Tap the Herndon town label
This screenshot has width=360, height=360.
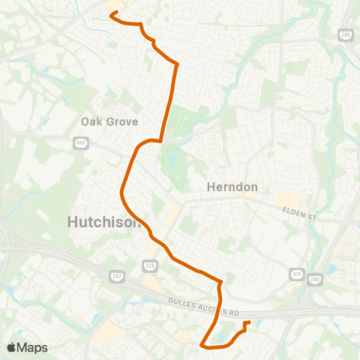pyautogui.click(x=232, y=187)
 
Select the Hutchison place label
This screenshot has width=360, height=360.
pyautogui.click(x=103, y=221)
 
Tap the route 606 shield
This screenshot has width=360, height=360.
pyautogui.click(x=81, y=142)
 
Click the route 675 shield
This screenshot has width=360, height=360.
pyautogui.click(x=297, y=274)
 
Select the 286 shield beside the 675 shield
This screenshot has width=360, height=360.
pyautogui.click(x=314, y=278)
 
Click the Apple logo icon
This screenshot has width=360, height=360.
pyautogui.click(x=11, y=347)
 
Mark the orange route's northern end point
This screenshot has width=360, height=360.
pyautogui.click(x=113, y=13)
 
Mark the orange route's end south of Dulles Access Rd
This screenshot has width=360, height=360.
pyautogui.click(x=247, y=323)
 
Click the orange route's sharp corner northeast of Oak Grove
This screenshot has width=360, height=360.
pyautogui.click(x=177, y=65)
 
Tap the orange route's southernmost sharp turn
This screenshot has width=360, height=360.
pyautogui.click(x=202, y=344)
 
